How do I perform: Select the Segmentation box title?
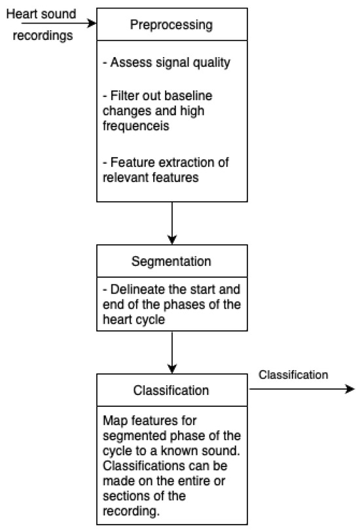tap(172, 261)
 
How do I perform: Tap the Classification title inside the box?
tap(172, 391)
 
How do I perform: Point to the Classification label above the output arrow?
tap(292, 375)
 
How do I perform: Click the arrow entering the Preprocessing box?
tap(59, 24)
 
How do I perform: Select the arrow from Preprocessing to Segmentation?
tap(172, 223)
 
